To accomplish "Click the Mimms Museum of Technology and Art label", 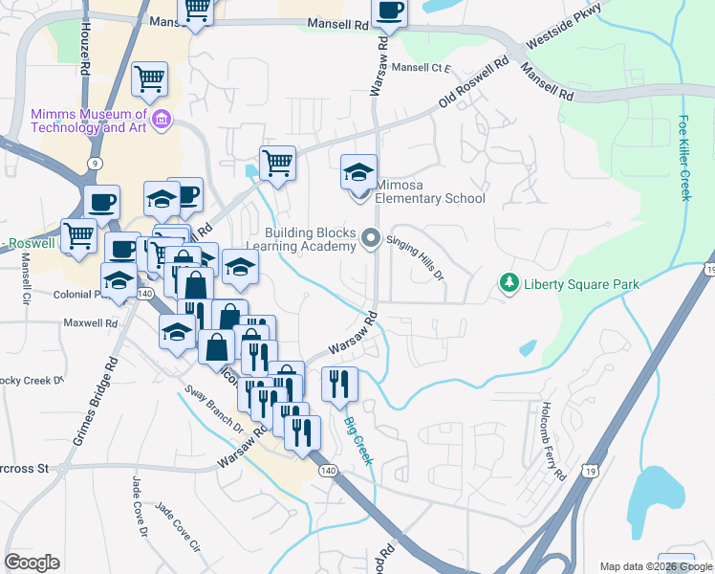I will click(x=87, y=120).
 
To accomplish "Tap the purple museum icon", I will click(x=162, y=120).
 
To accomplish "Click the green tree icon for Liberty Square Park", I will click(x=509, y=283).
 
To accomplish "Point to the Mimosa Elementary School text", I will click(x=429, y=191).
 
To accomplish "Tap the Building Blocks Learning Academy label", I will click(x=311, y=239).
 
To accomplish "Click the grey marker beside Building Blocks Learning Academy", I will click(x=370, y=238).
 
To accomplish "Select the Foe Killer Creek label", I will click(x=684, y=158).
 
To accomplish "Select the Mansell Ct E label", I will click(x=421, y=68).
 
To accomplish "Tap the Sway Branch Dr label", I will click(x=212, y=410).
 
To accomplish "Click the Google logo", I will click(x=32, y=563).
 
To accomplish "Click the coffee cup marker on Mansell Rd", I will click(x=388, y=11).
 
